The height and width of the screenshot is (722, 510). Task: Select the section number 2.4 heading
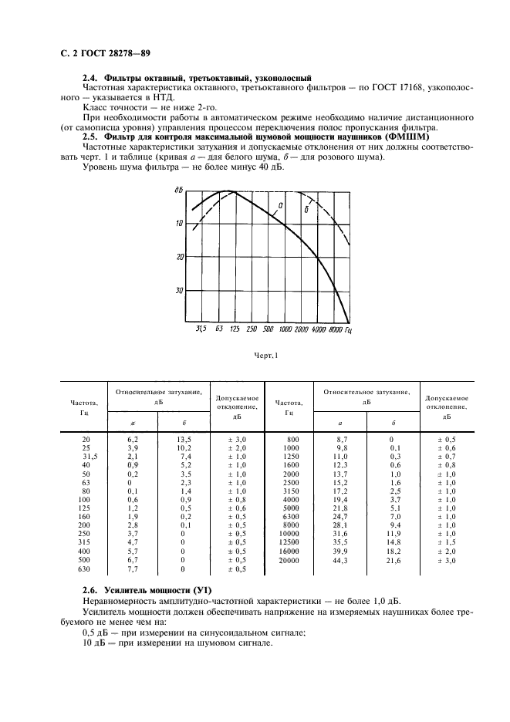tap(89, 78)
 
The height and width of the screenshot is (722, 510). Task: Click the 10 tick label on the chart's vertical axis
tap(178, 223)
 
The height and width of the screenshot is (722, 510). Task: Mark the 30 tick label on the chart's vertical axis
tap(179, 291)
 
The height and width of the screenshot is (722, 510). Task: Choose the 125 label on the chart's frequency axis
tap(235, 329)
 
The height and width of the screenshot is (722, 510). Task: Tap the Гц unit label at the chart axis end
tap(350, 329)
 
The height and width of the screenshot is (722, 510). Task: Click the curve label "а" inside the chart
tap(280, 205)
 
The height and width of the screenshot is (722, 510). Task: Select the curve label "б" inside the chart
tap(306, 209)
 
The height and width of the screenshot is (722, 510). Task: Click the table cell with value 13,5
tap(184, 440)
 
